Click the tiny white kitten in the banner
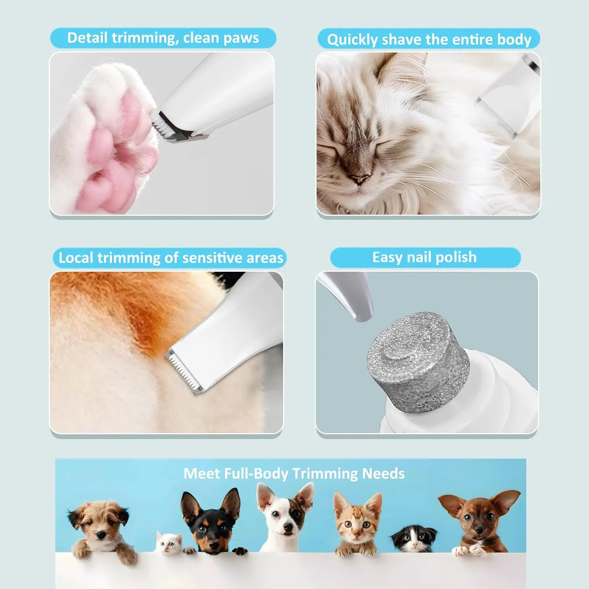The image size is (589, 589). (169, 543)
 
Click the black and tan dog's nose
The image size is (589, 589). (213, 544)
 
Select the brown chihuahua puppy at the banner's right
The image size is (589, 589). (479, 518)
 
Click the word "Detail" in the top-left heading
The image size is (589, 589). (87, 38)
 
